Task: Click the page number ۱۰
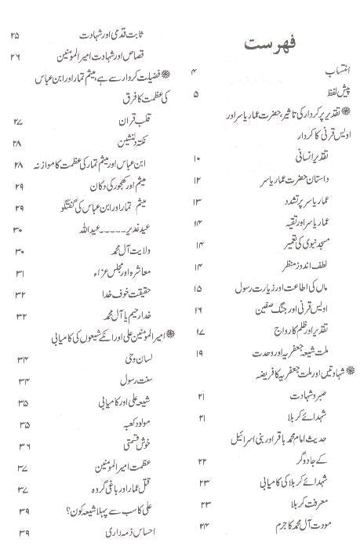click(x=196, y=160)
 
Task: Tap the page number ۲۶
click(x=19, y=56)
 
